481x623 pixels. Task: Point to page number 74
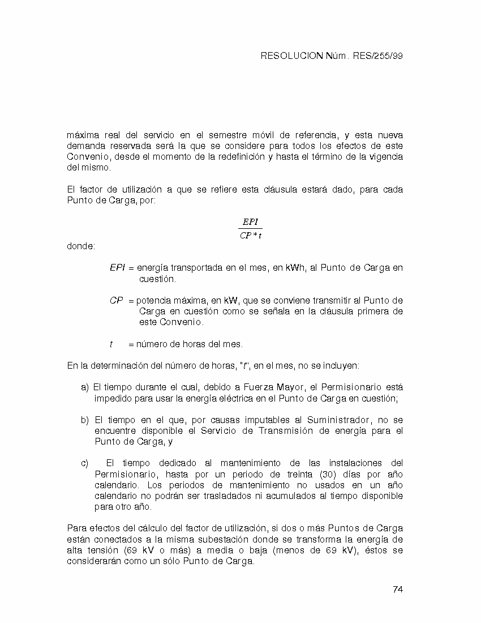click(x=397, y=589)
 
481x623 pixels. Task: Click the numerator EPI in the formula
click(x=250, y=222)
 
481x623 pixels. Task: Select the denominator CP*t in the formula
click(x=250, y=236)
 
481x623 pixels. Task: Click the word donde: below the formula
click(x=81, y=246)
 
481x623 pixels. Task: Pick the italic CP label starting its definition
click(x=116, y=301)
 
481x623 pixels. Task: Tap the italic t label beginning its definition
click(x=111, y=344)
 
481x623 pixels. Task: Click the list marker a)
click(x=85, y=387)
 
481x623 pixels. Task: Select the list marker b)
click(x=85, y=420)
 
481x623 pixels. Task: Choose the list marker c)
click(x=85, y=463)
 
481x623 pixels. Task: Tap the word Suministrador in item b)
click(x=338, y=420)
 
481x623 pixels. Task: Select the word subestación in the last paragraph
click(x=226, y=539)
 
